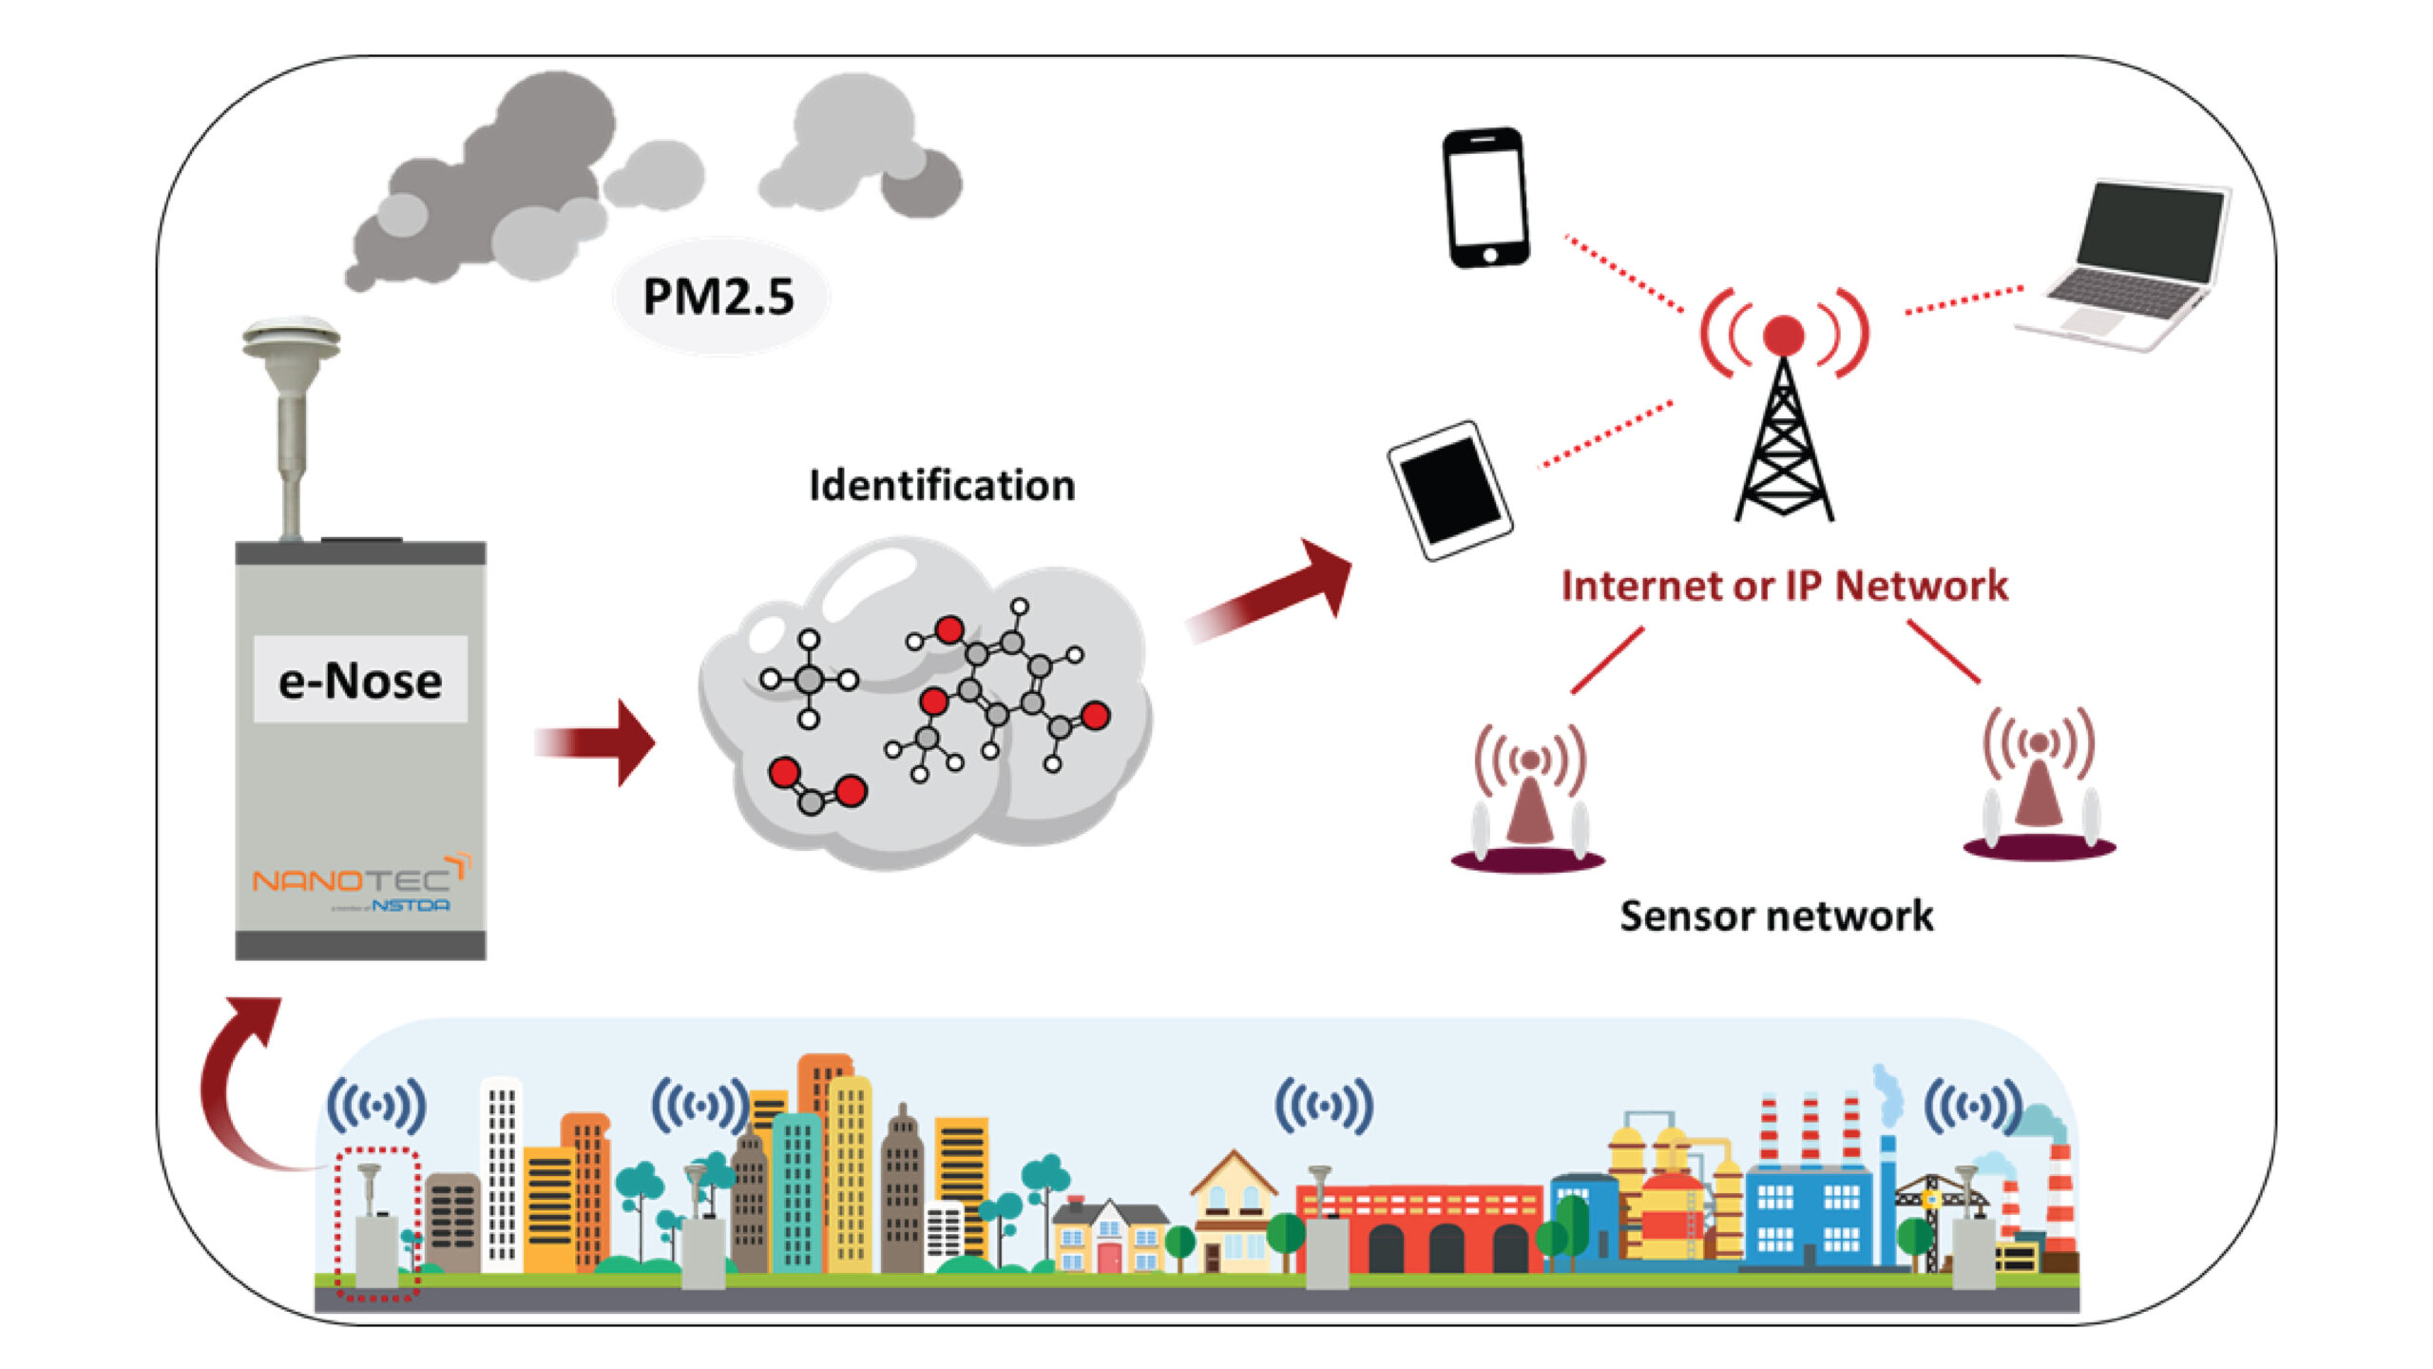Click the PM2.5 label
pos(718,297)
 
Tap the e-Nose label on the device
pos(360,681)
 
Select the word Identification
pos(942,486)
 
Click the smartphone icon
pos(1485,198)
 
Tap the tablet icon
pos(1449,491)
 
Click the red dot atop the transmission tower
pos(1783,335)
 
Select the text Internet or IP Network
pos(1784,586)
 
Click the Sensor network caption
pos(1776,916)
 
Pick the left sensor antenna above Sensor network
pos(1529,799)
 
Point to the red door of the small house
pos(1109,1256)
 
